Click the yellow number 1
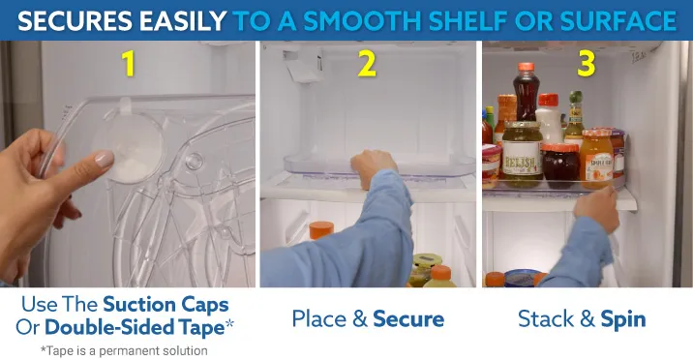point(129,63)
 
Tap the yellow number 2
point(367,64)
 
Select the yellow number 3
point(586,63)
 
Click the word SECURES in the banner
point(75,20)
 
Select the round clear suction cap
point(128,146)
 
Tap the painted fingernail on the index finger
point(105,159)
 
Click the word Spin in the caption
point(623,319)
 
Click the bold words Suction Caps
point(166,305)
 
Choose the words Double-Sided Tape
point(135,327)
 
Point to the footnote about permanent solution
point(124,350)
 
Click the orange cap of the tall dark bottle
point(526,67)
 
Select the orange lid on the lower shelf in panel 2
point(321,230)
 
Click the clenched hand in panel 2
point(373,167)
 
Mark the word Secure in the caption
point(408,318)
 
